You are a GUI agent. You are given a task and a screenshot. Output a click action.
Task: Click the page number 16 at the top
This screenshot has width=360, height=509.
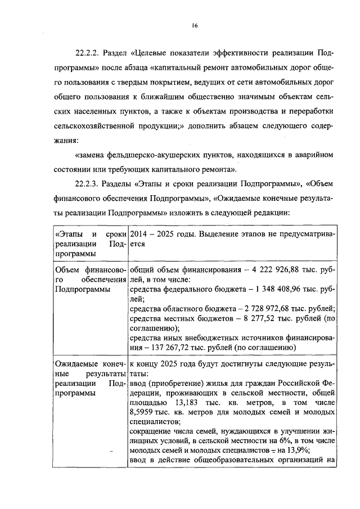click(195, 25)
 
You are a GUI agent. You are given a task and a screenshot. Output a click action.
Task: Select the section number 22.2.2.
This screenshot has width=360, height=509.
click(88, 54)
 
